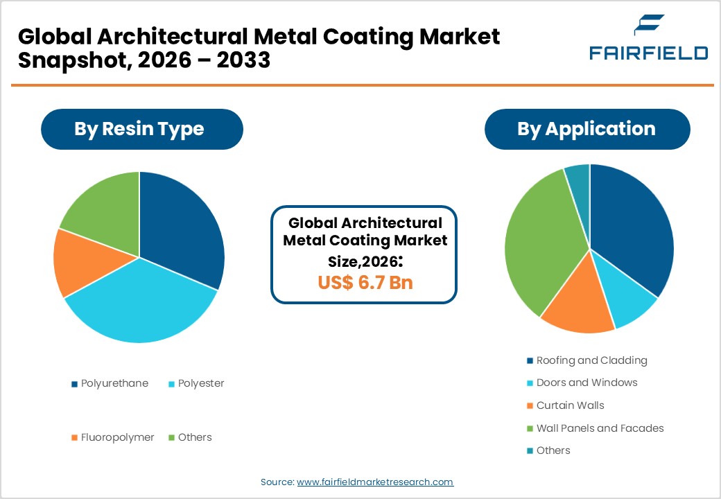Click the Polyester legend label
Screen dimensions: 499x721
200,383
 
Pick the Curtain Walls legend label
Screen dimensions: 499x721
570,405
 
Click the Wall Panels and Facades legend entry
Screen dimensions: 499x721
600,428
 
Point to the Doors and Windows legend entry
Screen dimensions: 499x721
587,383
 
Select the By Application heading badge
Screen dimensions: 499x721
587,129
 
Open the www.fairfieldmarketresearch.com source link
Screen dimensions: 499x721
375,482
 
